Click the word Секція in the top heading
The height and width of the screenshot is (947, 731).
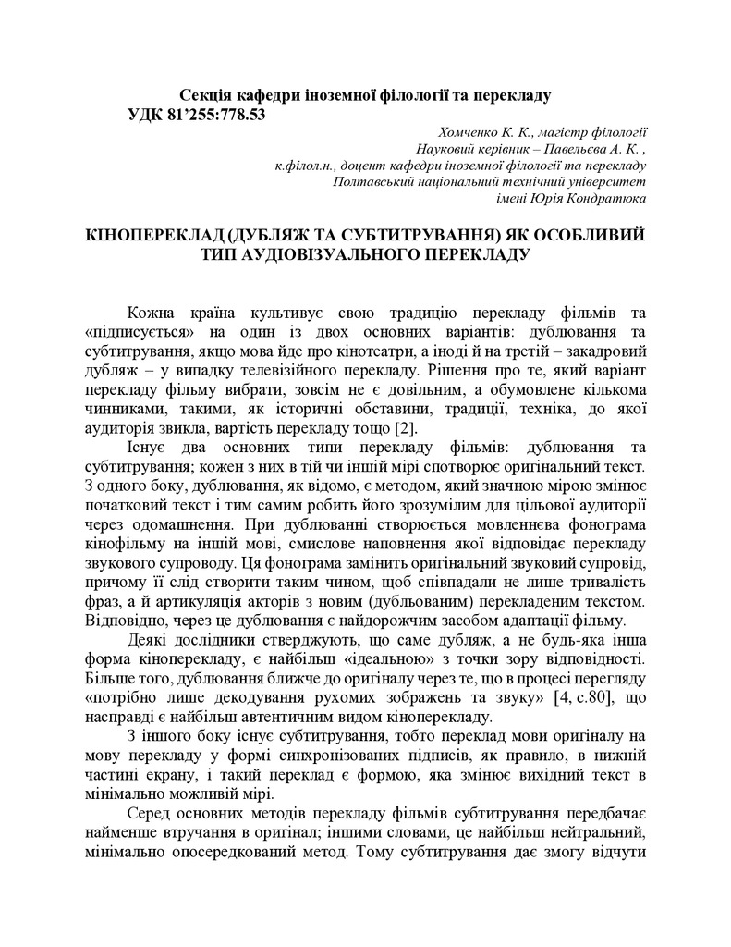click(x=205, y=95)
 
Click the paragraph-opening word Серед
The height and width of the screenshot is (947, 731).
click(x=150, y=811)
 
